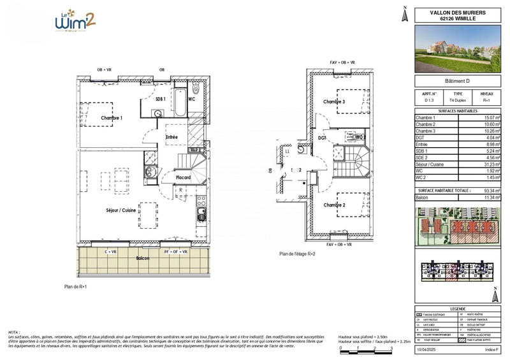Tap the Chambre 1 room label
tap(112, 118)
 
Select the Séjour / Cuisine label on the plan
tap(122, 210)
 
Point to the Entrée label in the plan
tap(172, 137)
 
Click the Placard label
tap(184, 177)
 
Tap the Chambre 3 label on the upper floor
tap(333, 102)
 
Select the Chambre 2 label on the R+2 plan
tap(333, 205)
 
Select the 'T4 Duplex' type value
tap(457, 101)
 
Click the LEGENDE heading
tap(457, 308)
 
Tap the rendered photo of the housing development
tap(457, 49)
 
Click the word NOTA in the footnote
tap(14, 333)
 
